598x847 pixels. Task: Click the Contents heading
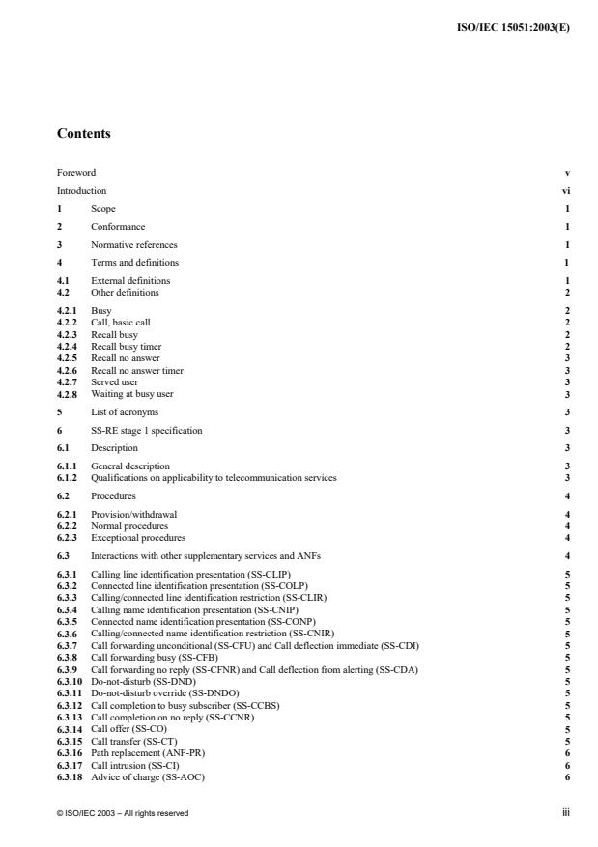[x=83, y=134]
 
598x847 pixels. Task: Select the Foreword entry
[x=76, y=173]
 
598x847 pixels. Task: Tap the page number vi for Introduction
[x=566, y=191]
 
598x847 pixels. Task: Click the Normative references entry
[x=133, y=244]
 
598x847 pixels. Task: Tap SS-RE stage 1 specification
[x=147, y=430]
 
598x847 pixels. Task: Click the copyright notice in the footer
[x=123, y=813]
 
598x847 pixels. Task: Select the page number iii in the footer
[x=566, y=813]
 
